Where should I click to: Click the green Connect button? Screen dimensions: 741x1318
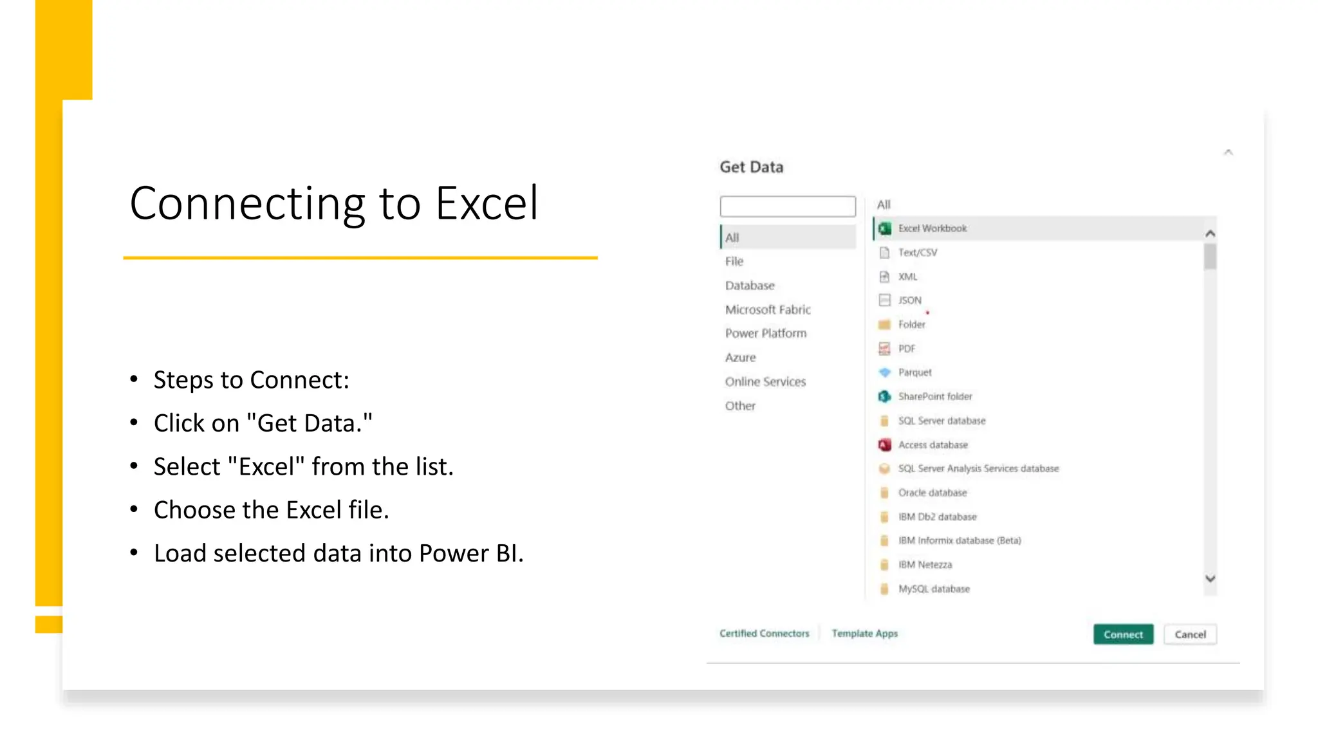pyautogui.click(x=1123, y=634)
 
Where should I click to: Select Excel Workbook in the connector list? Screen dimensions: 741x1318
pyautogui.click(x=932, y=228)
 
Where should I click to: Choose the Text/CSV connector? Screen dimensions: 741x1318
pyautogui.click(x=917, y=253)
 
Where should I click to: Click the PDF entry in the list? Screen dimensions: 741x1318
pyautogui.click(x=906, y=349)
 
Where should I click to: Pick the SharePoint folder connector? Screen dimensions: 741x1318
pyautogui.click(x=934, y=397)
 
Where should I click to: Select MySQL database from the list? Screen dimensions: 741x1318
pyautogui.click(x=933, y=589)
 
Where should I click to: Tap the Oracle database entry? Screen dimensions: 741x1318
pyautogui.click(x=932, y=493)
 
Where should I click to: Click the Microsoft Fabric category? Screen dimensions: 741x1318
pyautogui.click(x=768, y=309)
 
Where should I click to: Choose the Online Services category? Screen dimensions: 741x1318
pyautogui.click(x=765, y=381)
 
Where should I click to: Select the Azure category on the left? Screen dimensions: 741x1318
pyautogui.click(x=740, y=358)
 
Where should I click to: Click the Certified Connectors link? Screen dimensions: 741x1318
pyautogui.click(x=764, y=634)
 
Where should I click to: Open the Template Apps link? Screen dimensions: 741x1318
pyautogui.click(x=864, y=634)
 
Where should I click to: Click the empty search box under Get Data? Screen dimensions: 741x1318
pyautogui.click(x=788, y=206)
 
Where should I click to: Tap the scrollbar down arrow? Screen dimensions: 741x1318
pyautogui.click(x=1210, y=579)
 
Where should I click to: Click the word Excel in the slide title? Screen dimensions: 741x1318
pyautogui.click(x=487, y=203)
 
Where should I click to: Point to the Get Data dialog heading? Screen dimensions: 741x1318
pyautogui.click(x=751, y=167)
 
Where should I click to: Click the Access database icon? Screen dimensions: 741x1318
pyautogui.click(x=885, y=445)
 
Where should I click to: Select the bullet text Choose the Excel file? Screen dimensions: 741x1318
pyautogui.click(x=271, y=510)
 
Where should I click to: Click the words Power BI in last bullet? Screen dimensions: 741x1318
pyautogui.click(x=470, y=553)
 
